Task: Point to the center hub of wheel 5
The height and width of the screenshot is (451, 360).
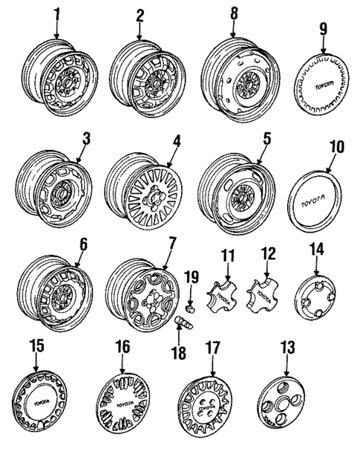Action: [x=241, y=196]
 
